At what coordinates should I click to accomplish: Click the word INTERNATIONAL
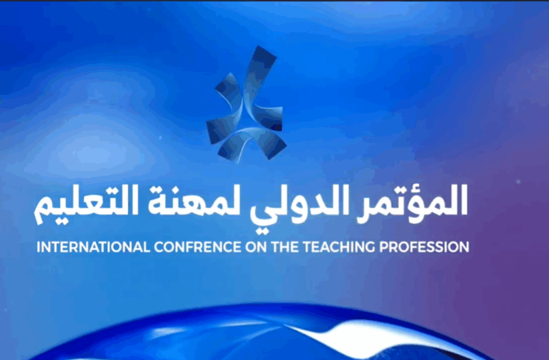(93, 247)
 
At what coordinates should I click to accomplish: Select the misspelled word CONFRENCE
(198, 247)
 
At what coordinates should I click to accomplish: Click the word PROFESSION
(425, 247)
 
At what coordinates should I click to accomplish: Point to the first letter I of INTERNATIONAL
(39, 247)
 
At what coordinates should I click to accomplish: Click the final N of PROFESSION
(463, 247)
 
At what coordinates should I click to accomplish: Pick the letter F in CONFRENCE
(185, 247)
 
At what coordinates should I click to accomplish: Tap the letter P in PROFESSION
(387, 247)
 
